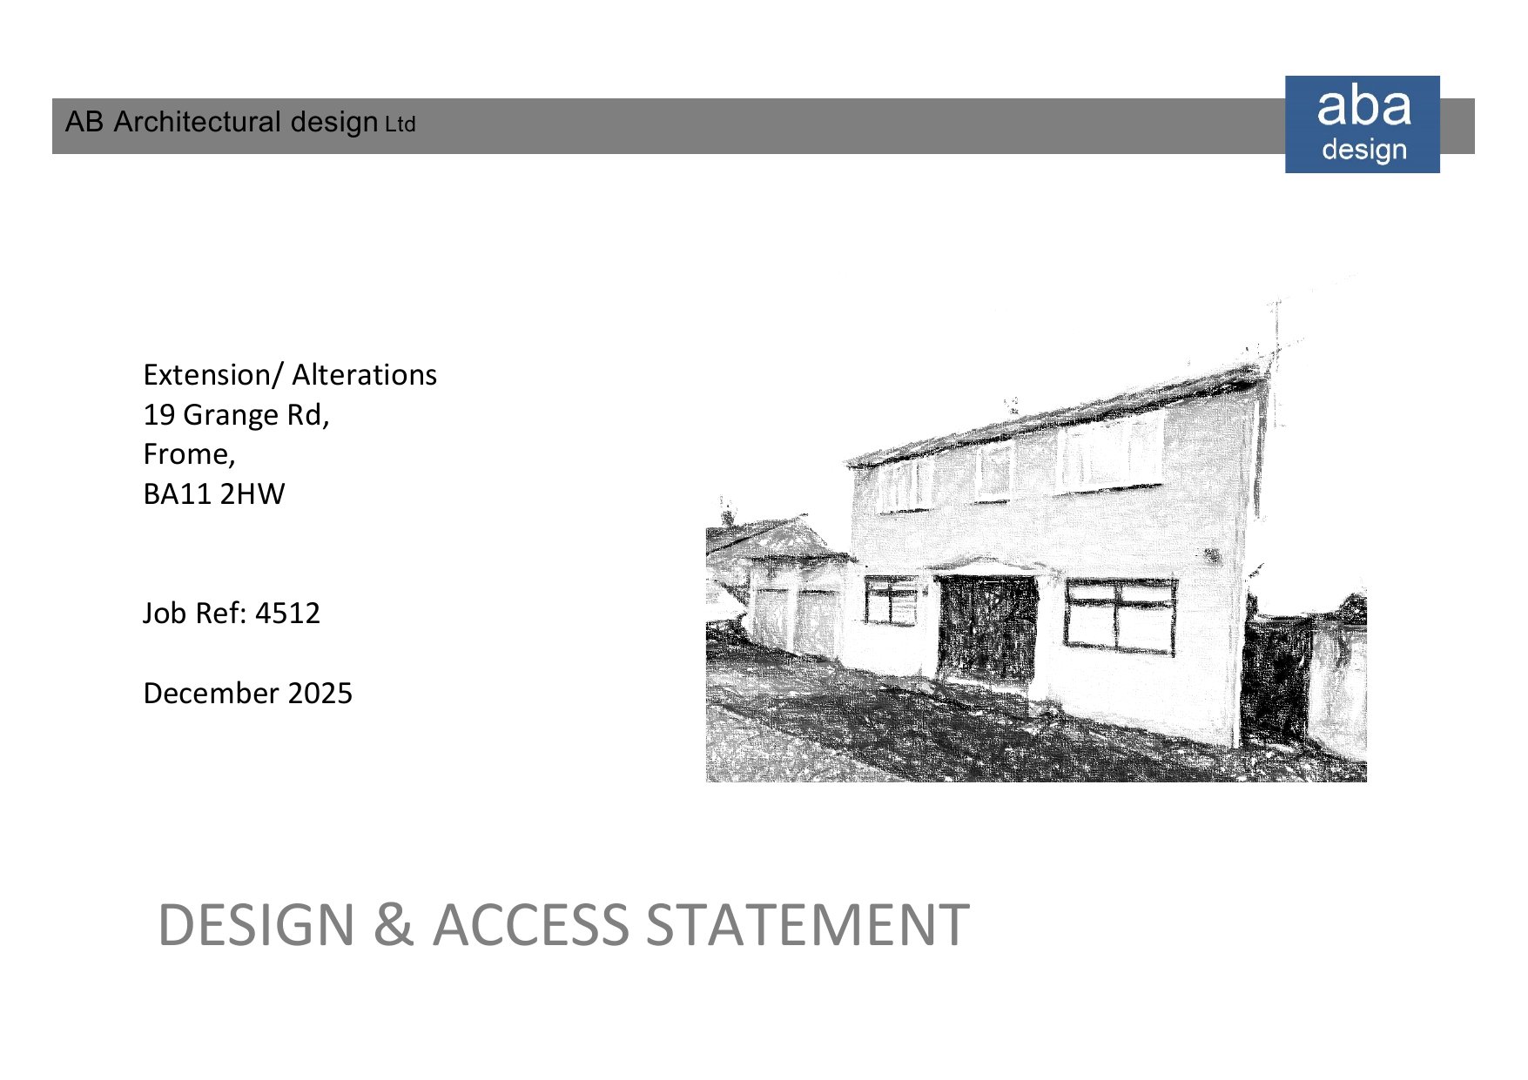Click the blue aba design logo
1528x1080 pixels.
1362,124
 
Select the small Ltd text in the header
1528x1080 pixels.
401,125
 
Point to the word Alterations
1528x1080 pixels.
364,375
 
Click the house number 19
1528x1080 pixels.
158,415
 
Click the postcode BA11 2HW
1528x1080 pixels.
213,494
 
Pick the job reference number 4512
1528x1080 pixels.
287,614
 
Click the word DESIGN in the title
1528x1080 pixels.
257,924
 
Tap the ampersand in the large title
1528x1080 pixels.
394,924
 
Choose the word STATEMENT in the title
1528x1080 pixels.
807,924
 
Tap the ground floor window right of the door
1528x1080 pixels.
1120,615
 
